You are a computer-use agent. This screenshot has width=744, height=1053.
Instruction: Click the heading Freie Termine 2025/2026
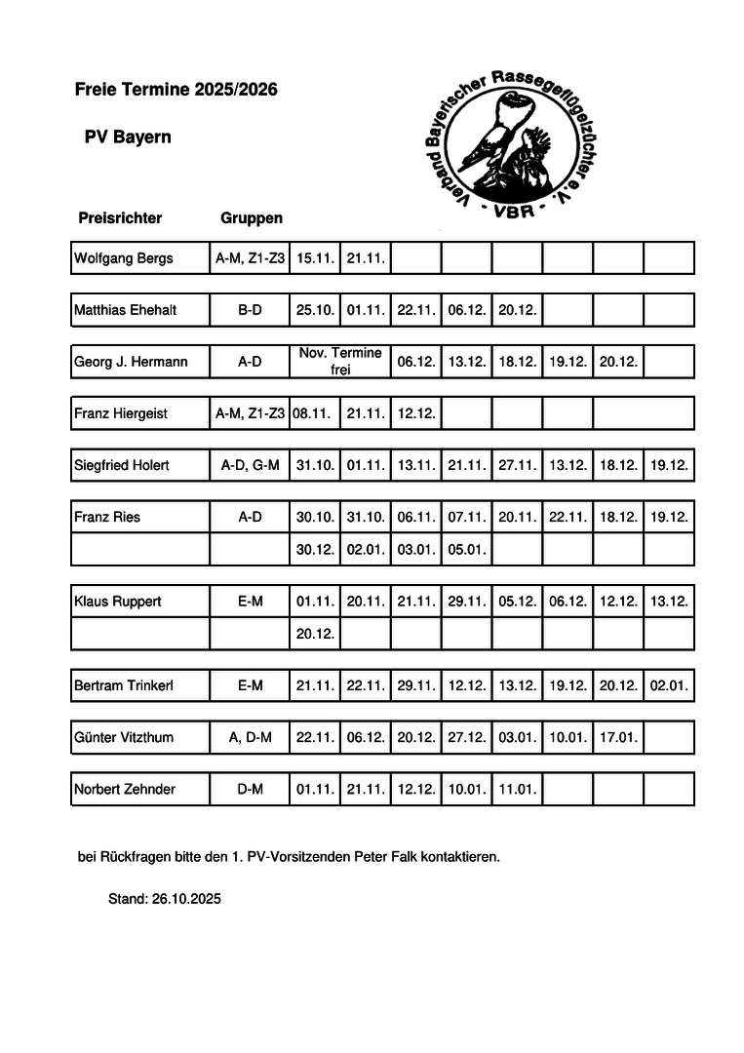(176, 90)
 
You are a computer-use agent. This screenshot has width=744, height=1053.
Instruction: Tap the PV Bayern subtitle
(127, 137)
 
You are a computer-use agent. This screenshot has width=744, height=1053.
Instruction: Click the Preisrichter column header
(120, 218)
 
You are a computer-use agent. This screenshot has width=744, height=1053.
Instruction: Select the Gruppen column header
(252, 218)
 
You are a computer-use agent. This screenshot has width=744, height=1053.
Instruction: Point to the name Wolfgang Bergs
(124, 258)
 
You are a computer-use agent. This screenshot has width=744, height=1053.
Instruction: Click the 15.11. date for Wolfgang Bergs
(316, 258)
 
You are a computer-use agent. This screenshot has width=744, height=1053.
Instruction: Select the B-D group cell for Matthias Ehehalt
(251, 310)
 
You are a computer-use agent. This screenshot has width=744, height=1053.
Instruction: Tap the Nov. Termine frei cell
(340, 361)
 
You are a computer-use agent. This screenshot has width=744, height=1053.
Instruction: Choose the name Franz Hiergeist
(121, 413)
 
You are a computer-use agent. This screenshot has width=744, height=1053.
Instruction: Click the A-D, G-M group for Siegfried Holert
(251, 465)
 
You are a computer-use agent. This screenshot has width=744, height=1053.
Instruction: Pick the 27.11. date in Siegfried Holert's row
(518, 465)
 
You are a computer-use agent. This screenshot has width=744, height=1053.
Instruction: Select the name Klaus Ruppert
(118, 602)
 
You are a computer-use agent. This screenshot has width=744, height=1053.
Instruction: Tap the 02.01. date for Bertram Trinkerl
(669, 685)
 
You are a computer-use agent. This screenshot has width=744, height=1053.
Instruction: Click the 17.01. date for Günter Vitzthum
(618, 737)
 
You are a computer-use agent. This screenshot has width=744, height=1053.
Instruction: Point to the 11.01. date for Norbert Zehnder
(518, 789)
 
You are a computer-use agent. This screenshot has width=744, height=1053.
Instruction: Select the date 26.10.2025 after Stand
(187, 899)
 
